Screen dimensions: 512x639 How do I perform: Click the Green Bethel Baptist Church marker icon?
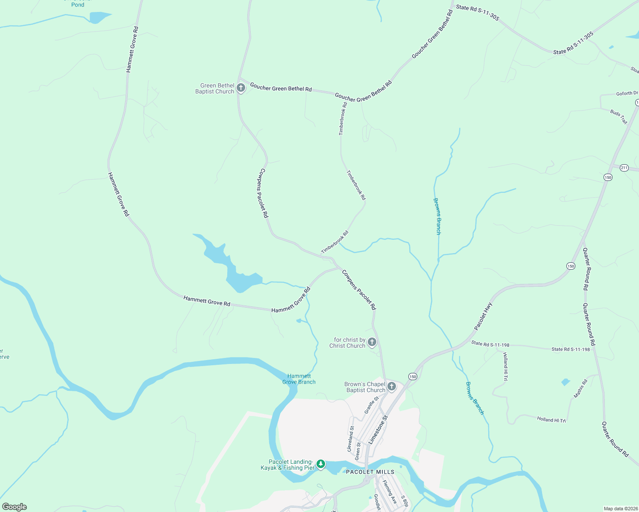point(241,88)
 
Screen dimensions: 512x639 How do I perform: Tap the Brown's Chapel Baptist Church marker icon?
point(392,387)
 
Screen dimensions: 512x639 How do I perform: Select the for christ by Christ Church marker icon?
point(372,342)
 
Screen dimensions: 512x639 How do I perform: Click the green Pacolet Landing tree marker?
point(321,464)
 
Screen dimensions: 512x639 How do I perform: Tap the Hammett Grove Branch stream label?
point(299,379)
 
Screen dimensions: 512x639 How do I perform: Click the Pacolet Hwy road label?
point(483,316)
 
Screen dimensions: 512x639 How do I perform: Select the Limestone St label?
point(378,430)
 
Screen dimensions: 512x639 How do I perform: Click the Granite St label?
point(371,405)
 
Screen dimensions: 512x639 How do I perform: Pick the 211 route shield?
point(624,168)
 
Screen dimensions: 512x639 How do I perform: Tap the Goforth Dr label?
point(627,93)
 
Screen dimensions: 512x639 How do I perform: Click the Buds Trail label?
point(618,116)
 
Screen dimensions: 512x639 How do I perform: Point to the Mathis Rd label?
point(580,389)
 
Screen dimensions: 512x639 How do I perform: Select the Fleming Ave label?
point(390,492)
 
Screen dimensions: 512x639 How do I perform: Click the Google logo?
point(15,507)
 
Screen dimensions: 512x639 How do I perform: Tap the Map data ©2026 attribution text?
point(620,509)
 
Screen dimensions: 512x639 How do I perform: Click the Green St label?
point(358,451)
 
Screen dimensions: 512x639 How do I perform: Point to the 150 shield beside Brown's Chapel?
point(412,376)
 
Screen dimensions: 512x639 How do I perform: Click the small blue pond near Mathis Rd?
point(566,382)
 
